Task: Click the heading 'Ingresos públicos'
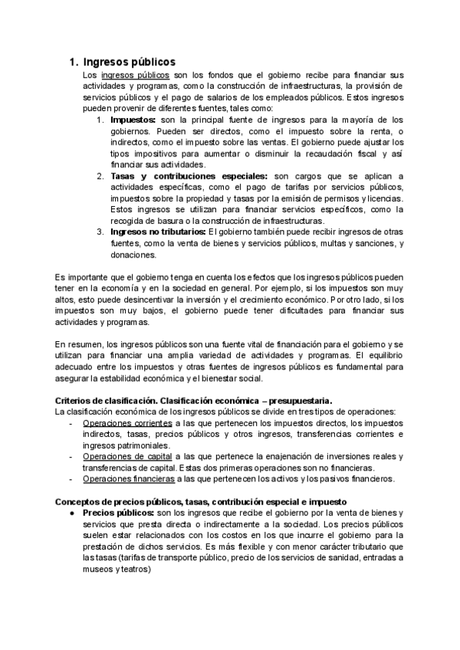pyautogui.click(x=129, y=62)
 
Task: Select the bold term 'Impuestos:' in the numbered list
pyautogui.click(x=133, y=120)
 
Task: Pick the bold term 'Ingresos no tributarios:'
pyautogui.click(x=158, y=232)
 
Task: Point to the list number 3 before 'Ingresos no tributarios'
pyautogui.click(x=100, y=232)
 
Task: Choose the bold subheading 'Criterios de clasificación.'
pyautogui.click(x=107, y=400)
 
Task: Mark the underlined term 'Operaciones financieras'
pyautogui.click(x=129, y=479)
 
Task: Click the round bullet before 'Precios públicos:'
pyautogui.click(x=71, y=513)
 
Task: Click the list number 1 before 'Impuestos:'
pyautogui.click(x=100, y=120)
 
